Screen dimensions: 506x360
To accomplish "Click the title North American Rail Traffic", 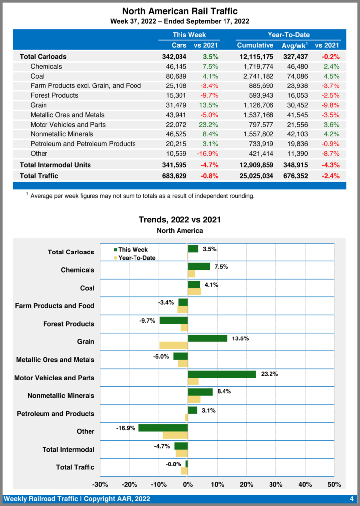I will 180,11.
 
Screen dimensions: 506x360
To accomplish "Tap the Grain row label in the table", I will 39,105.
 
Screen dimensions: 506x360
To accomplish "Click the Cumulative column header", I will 255,45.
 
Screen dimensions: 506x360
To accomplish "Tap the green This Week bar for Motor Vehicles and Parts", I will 222,374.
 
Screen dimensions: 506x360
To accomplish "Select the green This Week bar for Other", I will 163,428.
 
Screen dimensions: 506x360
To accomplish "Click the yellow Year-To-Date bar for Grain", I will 174,345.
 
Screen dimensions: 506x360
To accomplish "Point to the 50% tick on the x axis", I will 334,484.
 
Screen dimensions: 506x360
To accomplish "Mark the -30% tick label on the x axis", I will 100,484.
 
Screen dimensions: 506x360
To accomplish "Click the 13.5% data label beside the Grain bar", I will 240,338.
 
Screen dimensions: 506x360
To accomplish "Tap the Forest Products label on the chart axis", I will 69,324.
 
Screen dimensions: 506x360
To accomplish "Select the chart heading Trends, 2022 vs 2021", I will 180,220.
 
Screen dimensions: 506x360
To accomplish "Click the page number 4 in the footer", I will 351,499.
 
